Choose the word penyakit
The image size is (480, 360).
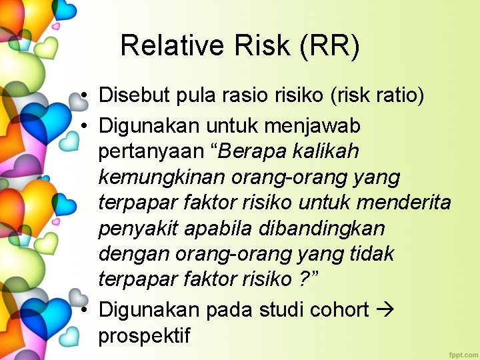coord(137,229)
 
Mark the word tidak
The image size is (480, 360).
coord(371,254)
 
